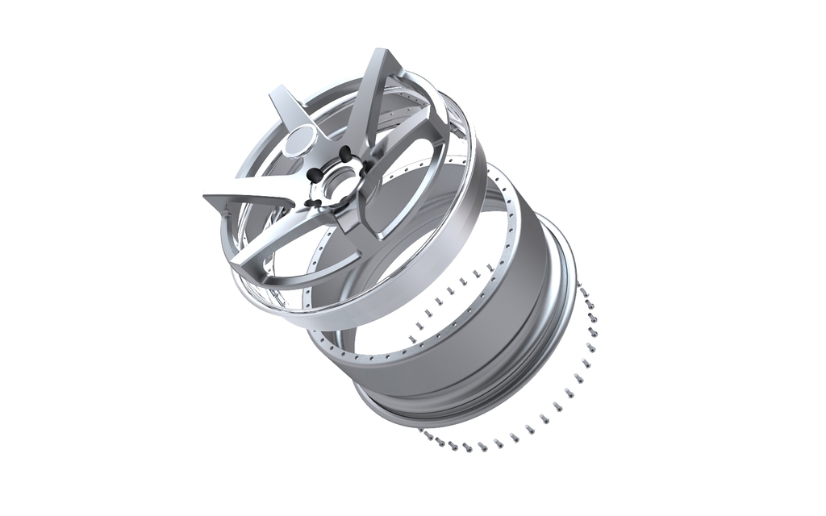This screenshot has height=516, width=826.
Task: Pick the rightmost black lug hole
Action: coord(365,167)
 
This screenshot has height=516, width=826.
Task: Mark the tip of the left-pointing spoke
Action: coord(207,197)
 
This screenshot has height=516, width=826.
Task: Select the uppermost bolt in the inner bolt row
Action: coord(490,266)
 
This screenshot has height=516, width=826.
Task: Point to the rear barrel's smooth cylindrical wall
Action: coord(484,322)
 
